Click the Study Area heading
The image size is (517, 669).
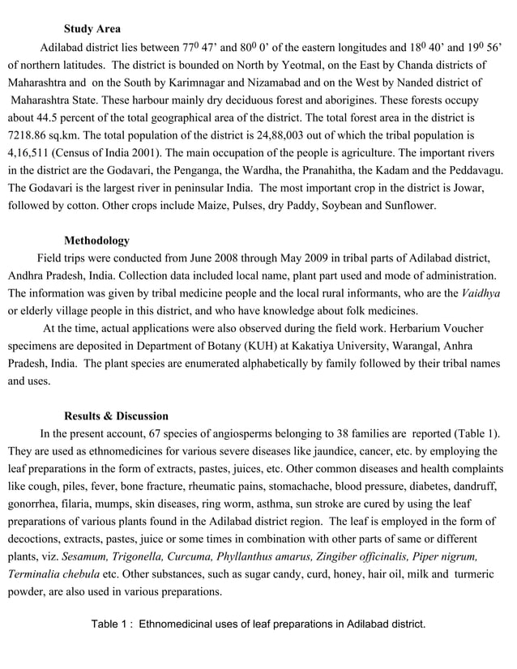92,28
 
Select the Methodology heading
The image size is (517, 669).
96,241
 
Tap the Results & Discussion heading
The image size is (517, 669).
117,415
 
